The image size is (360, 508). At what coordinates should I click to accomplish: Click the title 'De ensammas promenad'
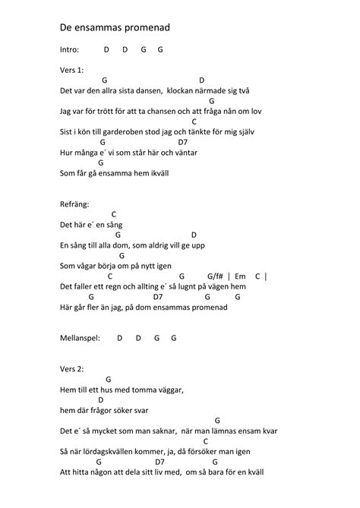point(115,28)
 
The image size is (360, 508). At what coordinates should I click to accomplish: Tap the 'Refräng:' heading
point(74,204)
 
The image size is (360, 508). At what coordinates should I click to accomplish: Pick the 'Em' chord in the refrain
point(241,276)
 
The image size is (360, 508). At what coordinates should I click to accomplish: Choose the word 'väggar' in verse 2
point(169,390)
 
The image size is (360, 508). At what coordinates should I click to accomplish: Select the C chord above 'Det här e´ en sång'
point(113,215)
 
